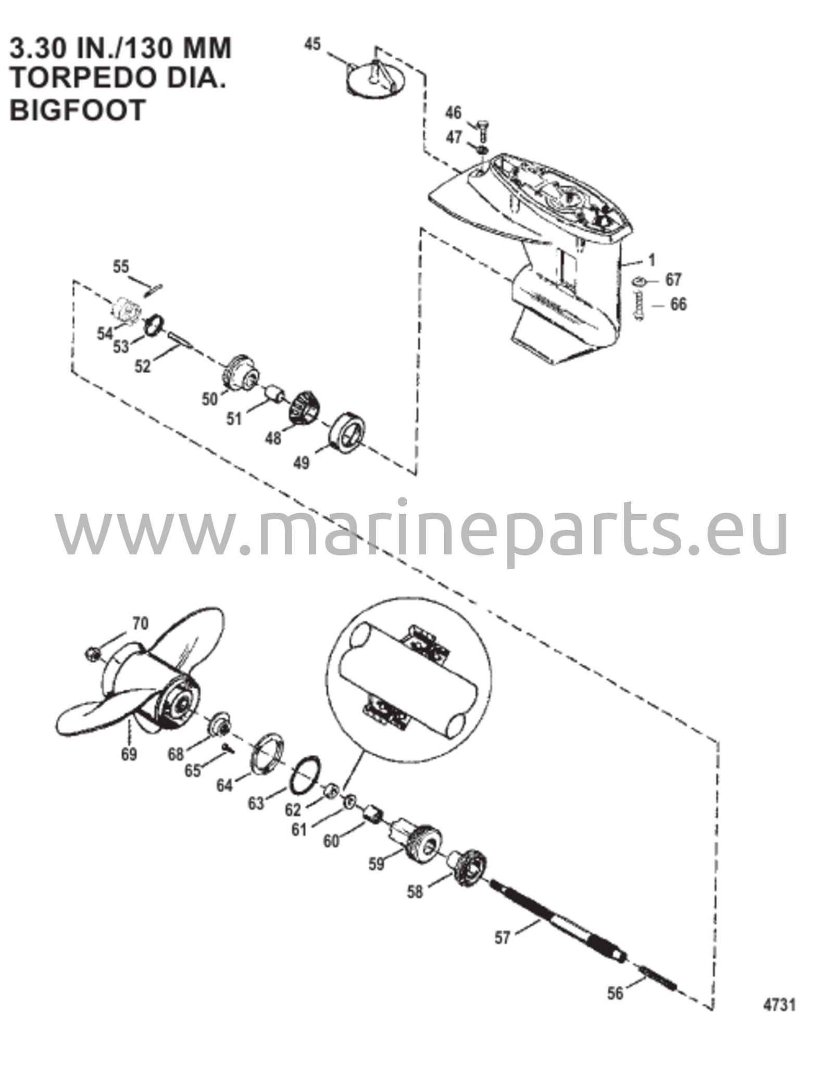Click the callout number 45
(x=312, y=44)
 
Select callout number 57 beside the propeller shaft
(x=502, y=938)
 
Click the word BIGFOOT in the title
(x=77, y=110)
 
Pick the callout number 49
(x=301, y=462)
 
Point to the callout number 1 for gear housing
(x=652, y=260)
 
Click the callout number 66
(x=678, y=304)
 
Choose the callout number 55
(x=121, y=267)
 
